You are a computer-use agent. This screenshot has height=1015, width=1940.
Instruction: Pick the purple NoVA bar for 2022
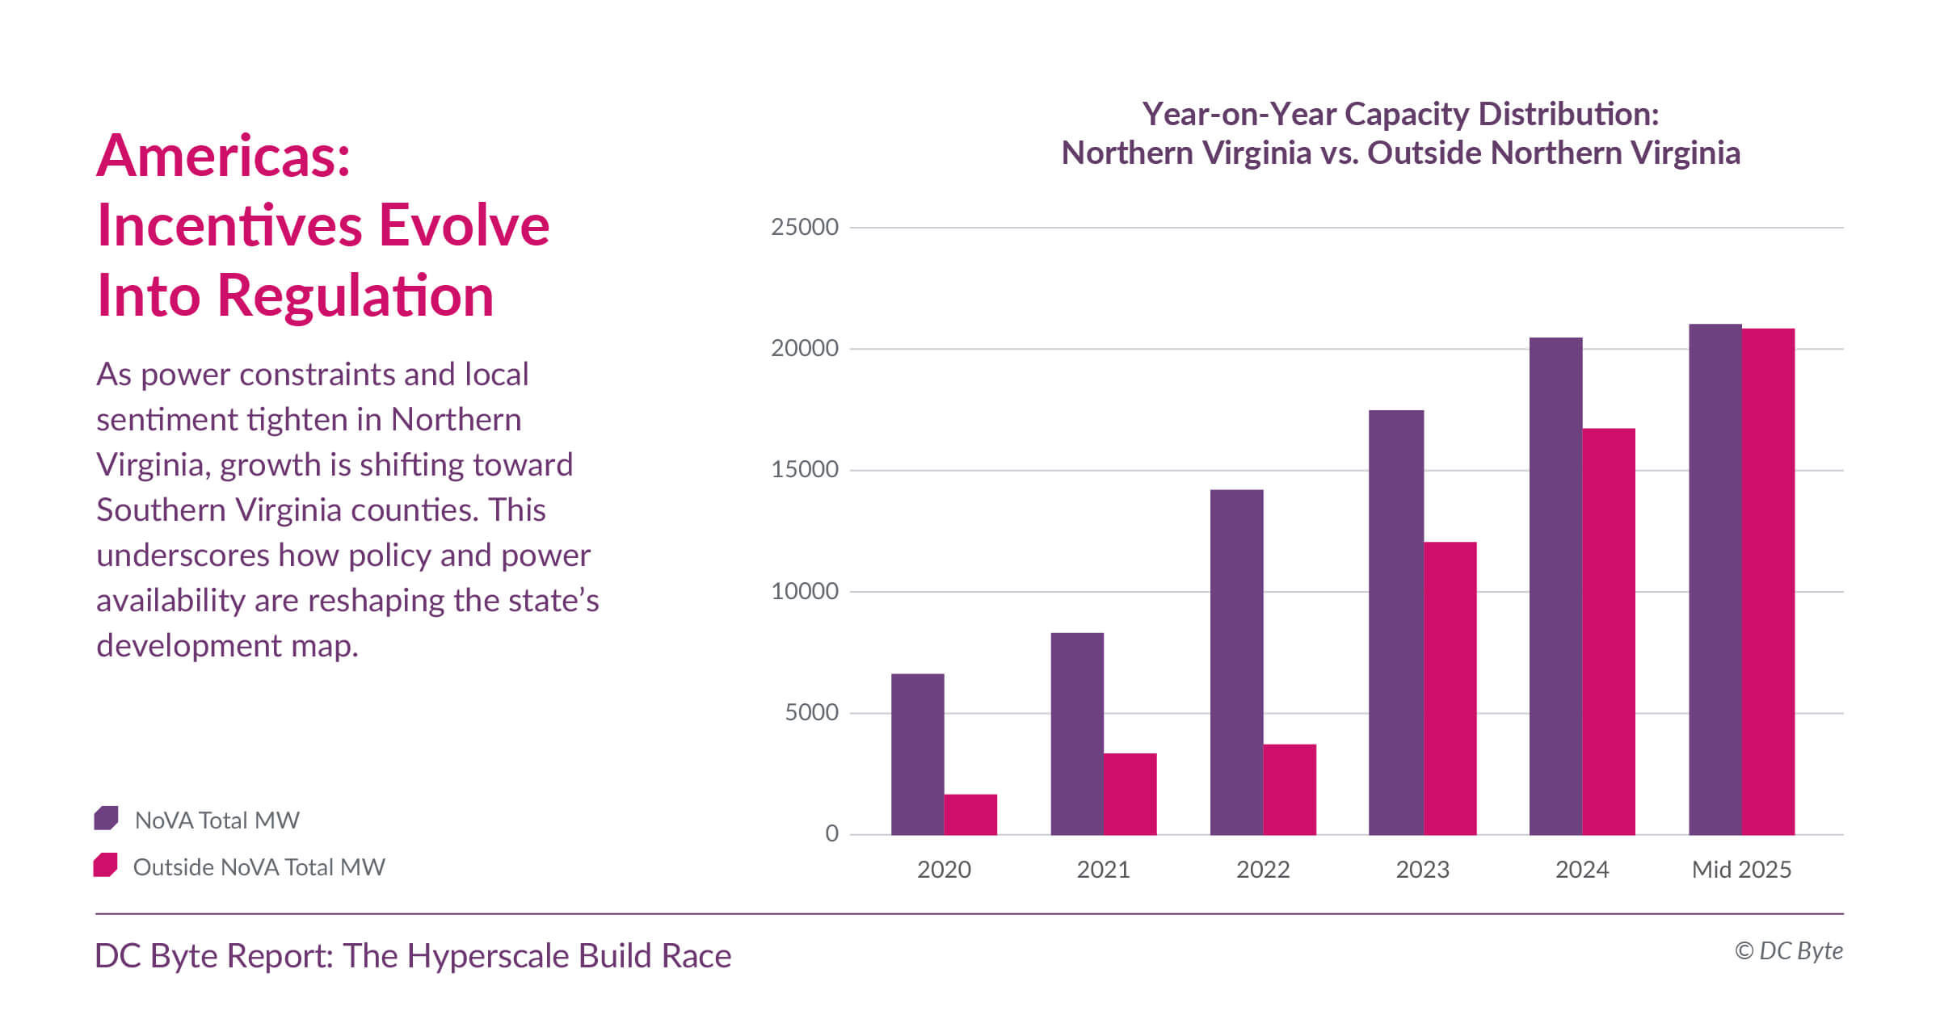1236,662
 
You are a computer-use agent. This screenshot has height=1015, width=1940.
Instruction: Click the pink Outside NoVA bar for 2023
1450,688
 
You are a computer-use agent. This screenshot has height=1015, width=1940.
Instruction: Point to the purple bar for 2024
1555,585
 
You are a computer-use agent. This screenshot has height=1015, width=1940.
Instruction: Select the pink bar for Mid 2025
1768,581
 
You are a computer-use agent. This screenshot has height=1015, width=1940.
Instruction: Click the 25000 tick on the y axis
804,227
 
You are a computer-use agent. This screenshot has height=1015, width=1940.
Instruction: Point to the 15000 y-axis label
804,469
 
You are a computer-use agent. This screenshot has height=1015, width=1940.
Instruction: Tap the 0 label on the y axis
831,833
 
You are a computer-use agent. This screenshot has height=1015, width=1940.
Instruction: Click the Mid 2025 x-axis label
1741,870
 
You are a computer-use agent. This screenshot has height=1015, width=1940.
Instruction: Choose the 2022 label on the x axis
1263,870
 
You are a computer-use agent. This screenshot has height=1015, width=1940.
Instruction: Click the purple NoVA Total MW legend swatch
107,818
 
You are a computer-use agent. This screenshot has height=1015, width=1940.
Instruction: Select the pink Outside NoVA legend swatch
106,865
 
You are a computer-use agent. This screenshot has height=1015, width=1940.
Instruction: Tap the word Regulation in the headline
355,296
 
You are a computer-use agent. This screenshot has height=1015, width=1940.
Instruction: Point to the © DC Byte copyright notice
1788,951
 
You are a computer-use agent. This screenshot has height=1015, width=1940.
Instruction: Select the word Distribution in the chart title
1568,114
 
